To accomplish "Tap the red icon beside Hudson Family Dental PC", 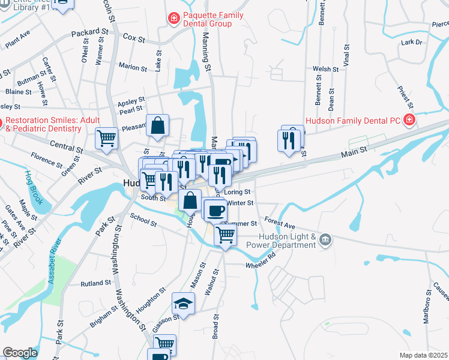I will coord(409,120).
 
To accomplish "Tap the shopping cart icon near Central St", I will coord(107,138).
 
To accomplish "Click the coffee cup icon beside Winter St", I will coord(216,211).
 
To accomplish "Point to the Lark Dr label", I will coord(412,43).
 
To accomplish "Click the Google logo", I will coord(19,353).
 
